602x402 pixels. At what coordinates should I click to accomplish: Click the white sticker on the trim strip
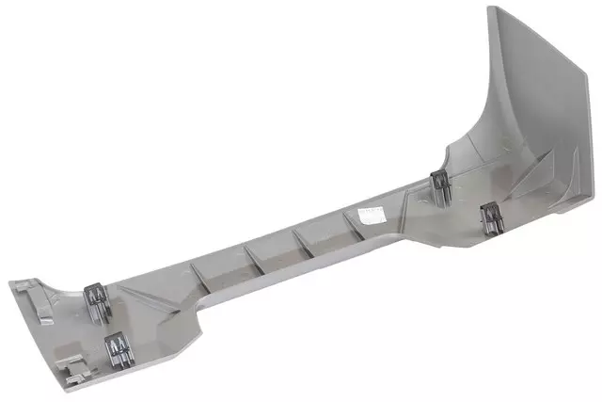click(x=368, y=216)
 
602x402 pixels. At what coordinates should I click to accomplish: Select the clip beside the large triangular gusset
click(x=490, y=215)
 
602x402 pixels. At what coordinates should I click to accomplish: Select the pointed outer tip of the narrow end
click(x=10, y=283)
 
